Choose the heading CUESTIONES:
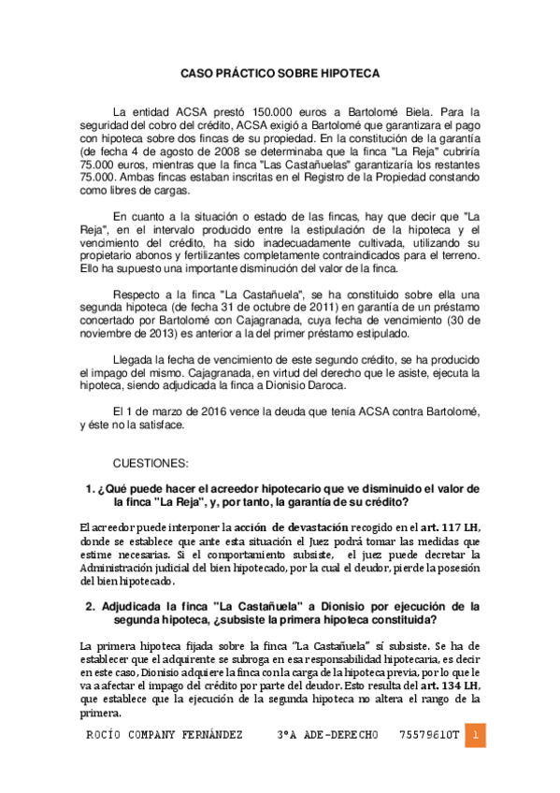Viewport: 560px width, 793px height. tap(151, 463)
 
